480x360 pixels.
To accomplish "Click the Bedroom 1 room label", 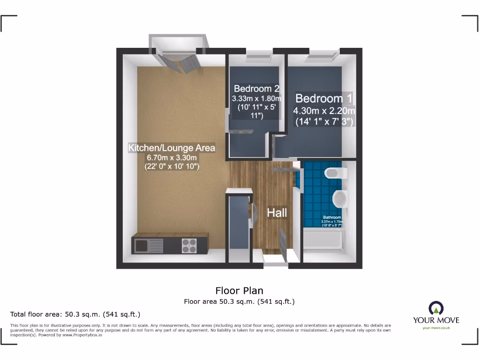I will [323, 98].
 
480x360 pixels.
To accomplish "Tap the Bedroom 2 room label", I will [256, 88].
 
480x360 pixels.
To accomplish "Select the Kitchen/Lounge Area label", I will [172, 148].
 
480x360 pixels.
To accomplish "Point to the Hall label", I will [277, 213].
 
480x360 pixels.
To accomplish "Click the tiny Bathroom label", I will [332, 217].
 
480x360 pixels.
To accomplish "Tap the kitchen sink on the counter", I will [149, 245].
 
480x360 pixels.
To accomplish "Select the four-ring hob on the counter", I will [189, 245].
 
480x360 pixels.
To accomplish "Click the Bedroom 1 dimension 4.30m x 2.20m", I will [324, 111].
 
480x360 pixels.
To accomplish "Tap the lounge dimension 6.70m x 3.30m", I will [172, 157].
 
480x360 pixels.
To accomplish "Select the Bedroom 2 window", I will [258, 57].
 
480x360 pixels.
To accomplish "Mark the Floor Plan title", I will [240, 291].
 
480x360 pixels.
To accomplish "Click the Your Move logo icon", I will [436, 308].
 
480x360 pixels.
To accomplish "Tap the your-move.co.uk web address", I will [436, 328].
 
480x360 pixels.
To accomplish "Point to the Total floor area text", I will [75, 314].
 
